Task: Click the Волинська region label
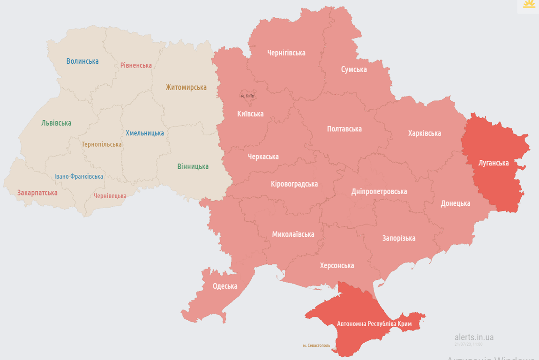point(82,61)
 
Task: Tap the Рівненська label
point(136,65)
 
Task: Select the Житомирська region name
point(186,87)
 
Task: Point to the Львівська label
point(56,123)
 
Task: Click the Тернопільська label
point(102,144)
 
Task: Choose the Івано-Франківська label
point(79,176)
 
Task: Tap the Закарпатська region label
point(37,193)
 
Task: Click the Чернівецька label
point(110,196)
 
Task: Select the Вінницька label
point(193,166)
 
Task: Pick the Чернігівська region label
point(286,52)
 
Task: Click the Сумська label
point(354,69)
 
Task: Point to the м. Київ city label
point(247,96)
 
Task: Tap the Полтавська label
point(344,128)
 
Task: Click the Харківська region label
point(425,133)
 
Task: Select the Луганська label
point(494,163)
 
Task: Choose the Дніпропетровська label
point(379,191)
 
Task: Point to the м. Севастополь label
point(316,345)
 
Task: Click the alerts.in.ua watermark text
point(474,337)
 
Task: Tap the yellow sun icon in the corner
point(529,5)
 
